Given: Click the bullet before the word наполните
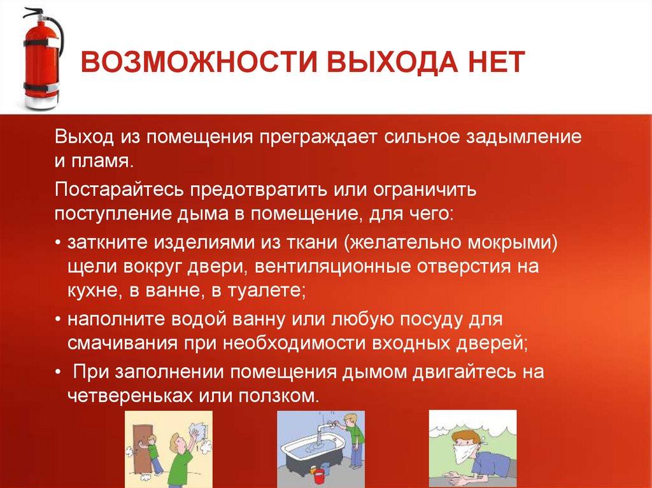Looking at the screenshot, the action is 59,320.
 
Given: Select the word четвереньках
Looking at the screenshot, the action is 130,395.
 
